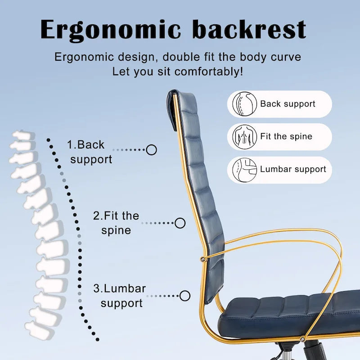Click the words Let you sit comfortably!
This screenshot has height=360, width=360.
pos(178,72)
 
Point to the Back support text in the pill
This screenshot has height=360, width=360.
pos(288,104)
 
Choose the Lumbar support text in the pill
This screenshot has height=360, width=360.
pos(293,170)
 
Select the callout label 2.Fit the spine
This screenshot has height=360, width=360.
pos(116,223)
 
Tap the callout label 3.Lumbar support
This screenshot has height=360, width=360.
pos(120,296)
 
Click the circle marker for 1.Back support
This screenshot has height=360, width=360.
pos(152,150)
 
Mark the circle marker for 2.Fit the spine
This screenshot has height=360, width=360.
pos(180,222)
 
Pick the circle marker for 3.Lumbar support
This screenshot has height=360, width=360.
pos(185,296)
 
